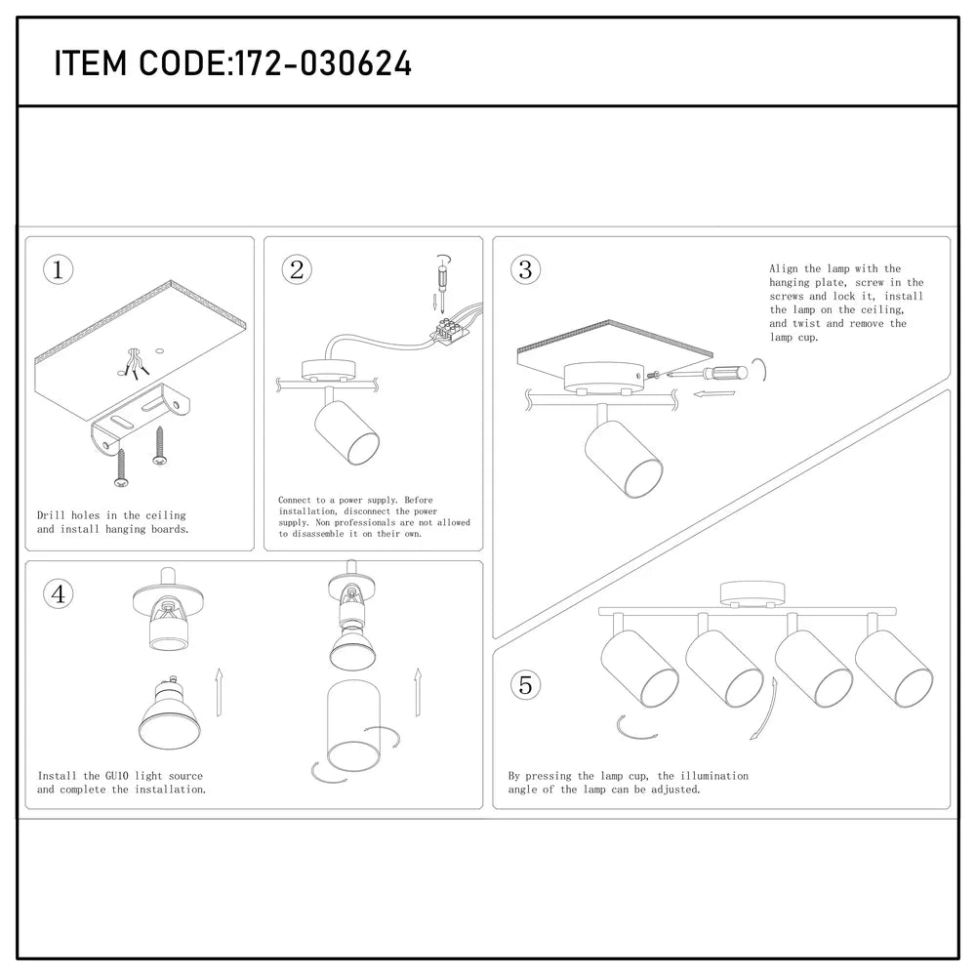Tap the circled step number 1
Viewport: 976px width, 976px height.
click(x=59, y=270)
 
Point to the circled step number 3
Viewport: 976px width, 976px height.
click(x=526, y=269)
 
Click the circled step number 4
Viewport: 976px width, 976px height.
click(x=59, y=594)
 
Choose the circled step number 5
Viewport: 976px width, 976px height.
click(x=526, y=685)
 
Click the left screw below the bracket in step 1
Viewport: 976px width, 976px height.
click(x=121, y=466)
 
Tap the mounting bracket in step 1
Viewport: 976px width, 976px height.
click(x=137, y=422)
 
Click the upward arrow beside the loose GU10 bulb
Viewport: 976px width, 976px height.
click(x=220, y=692)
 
